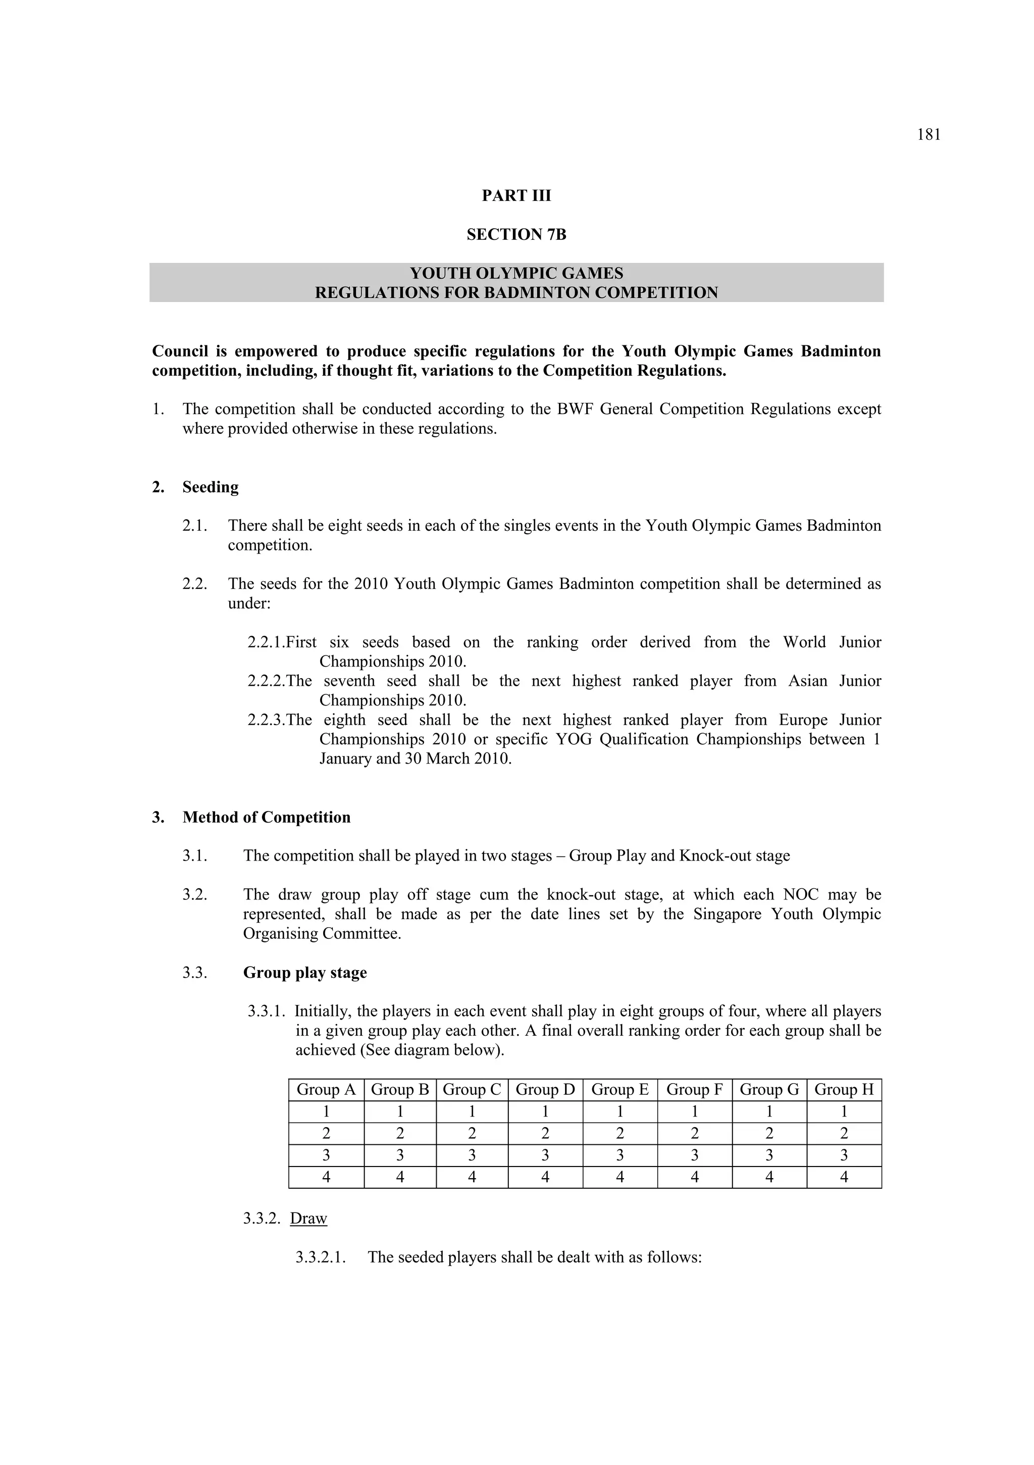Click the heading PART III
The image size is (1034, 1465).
[516, 196]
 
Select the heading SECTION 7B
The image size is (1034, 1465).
[516, 235]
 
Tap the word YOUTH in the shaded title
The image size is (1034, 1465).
[439, 274]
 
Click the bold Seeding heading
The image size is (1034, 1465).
[210, 487]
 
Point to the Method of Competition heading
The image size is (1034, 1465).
[266, 818]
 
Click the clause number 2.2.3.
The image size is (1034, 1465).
[267, 720]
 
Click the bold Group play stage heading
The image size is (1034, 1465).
[305, 973]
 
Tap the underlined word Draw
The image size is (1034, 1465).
[308, 1218]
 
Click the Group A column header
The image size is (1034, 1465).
[326, 1089]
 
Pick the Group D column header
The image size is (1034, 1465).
[545, 1089]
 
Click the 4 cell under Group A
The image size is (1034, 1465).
[326, 1177]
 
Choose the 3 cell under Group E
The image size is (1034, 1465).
[619, 1155]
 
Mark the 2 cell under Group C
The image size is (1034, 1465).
[472, 1133]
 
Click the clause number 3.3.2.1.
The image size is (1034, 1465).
[321, 1257]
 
